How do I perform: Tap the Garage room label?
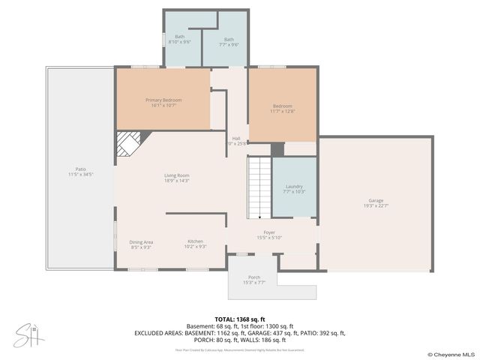(x=375, y=200)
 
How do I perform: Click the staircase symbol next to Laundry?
(x=259, y=187)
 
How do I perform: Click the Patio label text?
(x=80, y=169)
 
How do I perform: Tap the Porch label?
(x=253, y=277)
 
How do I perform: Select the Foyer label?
(x=268, y=232)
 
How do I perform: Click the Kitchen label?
(x=195, y=241)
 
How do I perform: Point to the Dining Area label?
(x=141, y=241)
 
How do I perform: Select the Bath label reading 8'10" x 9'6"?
(x=180, y=37)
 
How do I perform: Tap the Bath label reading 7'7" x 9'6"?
(x=229, y=40)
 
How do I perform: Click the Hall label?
(x=236, y=138)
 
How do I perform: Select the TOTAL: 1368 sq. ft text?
(x=240, y=319)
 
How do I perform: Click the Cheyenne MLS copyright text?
(x=451, y=354)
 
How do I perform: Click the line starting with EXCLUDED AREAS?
(x=240, y=331)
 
